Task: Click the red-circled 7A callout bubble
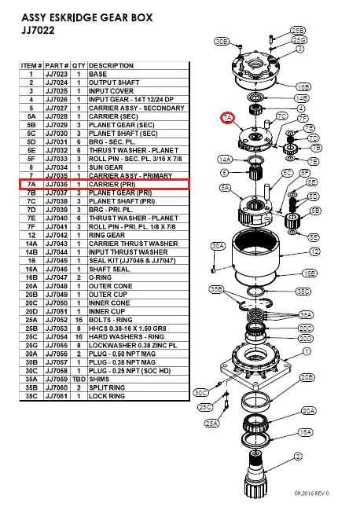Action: [x=227, y=118]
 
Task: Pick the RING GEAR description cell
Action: [x=109, y=235]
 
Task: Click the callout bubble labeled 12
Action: [x=314, y=251]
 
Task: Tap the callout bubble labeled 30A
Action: [x=218, y=246]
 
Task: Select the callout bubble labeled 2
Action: [x=298, y=456]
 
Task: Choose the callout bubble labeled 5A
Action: [x=226, y=188]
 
